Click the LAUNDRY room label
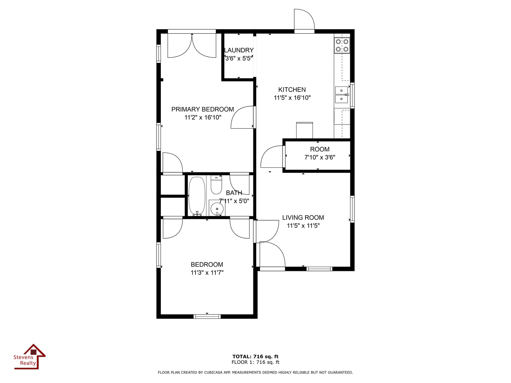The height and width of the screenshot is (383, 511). coord(238,50)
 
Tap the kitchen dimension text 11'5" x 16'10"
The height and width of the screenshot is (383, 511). coord(292,98)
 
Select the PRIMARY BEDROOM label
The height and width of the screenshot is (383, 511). coord(203,109)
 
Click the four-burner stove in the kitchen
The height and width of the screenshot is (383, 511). coord(342,45)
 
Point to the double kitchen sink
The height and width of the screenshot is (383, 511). coord(341,95)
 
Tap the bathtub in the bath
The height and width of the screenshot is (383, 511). coord(197,196)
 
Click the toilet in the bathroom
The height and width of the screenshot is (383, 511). coord(216,185)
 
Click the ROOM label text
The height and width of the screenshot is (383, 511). coord(320,149)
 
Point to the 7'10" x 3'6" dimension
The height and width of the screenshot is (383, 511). coord(320,157)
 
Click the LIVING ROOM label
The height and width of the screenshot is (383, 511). coord(303,218)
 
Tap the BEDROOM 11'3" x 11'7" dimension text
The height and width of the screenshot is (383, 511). coord(207,273)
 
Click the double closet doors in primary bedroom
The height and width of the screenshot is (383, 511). coord(192,45)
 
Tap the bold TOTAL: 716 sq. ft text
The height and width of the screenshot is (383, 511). coord(255,356)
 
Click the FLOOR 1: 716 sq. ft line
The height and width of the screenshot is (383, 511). coord(255,362)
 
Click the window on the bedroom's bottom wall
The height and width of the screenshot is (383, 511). coord(207,316)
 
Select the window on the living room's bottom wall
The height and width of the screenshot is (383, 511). coord(319,269)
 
